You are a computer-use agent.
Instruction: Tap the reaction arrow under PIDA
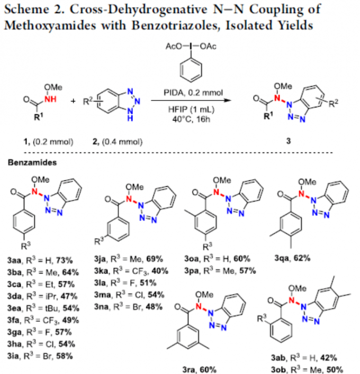click(192, 100)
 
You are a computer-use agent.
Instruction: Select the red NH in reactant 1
click(50, 99)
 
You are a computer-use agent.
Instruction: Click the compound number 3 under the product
click(289, 141)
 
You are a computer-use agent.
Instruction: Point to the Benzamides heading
click(32, 162)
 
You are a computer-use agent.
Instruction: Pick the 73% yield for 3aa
click(65, 260)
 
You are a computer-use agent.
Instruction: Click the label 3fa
click(13, 320)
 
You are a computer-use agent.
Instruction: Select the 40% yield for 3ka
click(160, 271)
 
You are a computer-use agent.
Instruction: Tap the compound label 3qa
click(282, 258)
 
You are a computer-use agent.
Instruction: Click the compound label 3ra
click(190, 369)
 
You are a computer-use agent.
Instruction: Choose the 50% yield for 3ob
click(335, 369)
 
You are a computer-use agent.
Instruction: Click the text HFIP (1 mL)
click(192, 110)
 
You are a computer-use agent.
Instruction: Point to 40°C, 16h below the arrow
click(191, 119)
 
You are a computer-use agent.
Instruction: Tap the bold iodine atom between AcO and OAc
click(191, 46)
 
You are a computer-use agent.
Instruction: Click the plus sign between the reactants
click(73, 101)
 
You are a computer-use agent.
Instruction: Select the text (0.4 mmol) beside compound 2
click(122, 142)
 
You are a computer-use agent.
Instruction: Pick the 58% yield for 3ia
click(65, 356)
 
